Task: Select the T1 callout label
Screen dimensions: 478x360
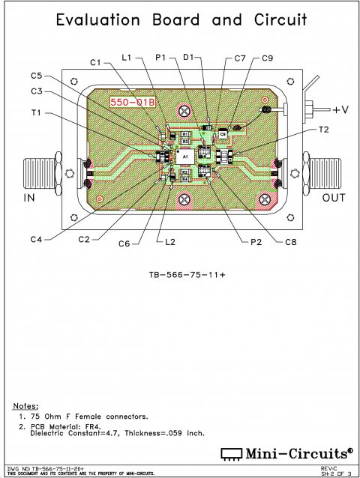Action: click(37, 113)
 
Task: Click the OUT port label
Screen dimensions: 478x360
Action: click(332, 199)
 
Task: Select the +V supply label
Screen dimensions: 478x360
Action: click(341, 110)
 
